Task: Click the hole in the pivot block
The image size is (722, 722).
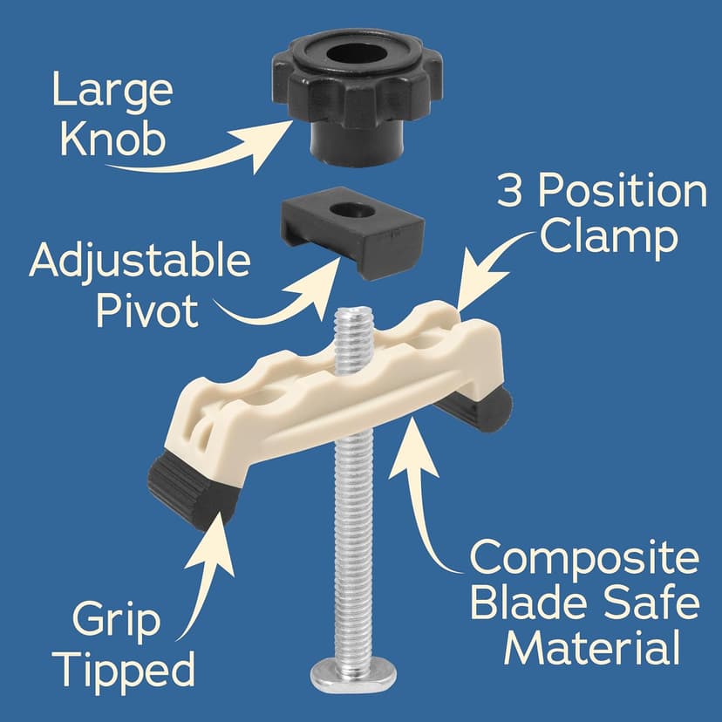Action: [354, 212]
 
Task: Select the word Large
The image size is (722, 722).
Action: [111, 91]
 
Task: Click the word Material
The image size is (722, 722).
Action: [593, 648]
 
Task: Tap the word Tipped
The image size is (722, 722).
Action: [133, 671]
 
